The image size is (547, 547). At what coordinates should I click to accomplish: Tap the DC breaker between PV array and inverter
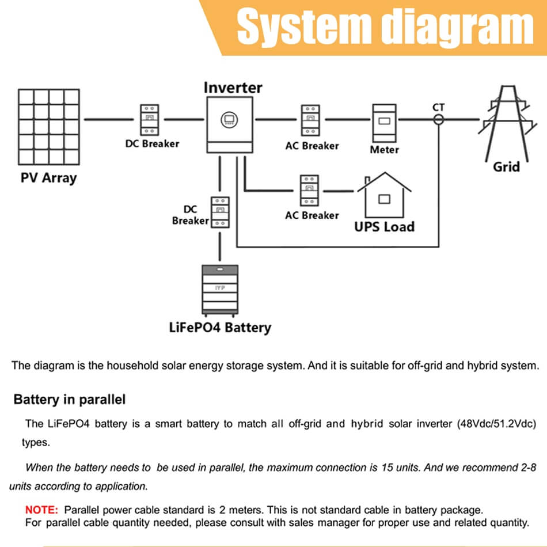150,120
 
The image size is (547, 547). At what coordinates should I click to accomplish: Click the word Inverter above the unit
233,88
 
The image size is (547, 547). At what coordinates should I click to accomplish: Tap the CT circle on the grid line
439,120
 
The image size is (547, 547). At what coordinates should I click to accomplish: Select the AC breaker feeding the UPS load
309,190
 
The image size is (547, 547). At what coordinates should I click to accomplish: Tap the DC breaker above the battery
219,212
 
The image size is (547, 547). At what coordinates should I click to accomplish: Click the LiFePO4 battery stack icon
219,290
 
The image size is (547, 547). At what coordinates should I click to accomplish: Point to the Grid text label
506,167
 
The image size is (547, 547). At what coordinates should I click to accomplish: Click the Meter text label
384,150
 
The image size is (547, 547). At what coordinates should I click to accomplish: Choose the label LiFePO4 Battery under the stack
220,328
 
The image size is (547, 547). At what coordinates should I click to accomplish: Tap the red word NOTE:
41,510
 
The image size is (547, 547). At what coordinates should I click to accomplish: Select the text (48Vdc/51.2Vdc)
496,424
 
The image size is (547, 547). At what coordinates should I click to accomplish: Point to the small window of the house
384,199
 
